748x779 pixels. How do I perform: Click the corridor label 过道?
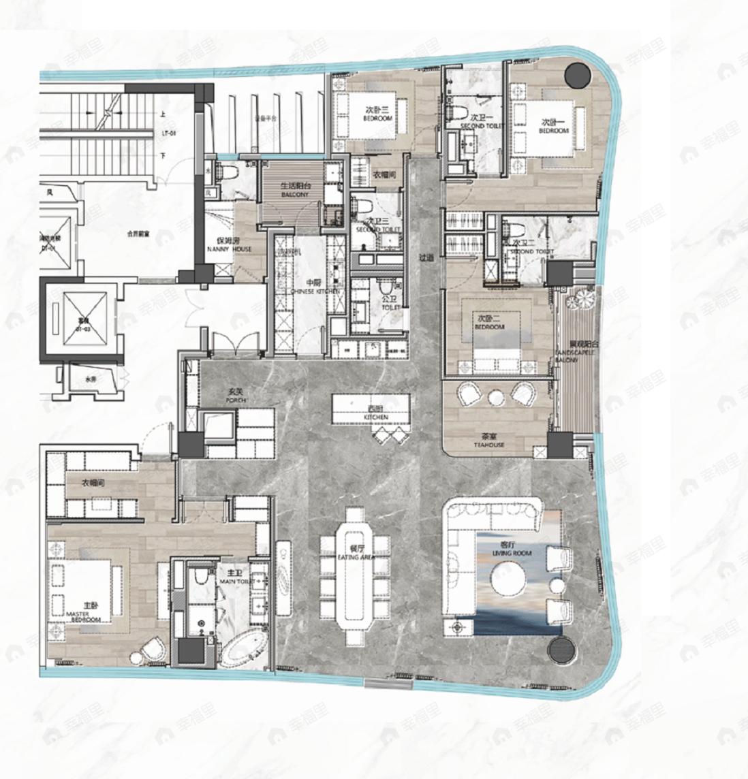point(426,257)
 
